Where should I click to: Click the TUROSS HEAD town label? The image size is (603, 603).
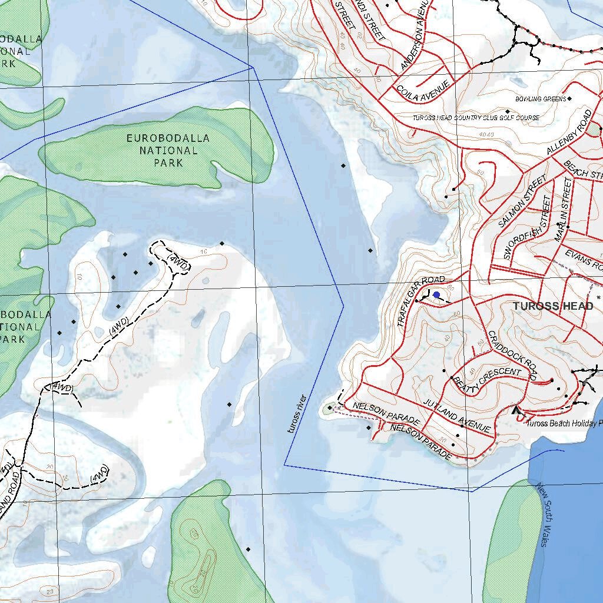point(552,306)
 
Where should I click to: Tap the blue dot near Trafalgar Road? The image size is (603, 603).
point(436,295)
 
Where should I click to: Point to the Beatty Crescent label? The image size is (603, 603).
point(487,379)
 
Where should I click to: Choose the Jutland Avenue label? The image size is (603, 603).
point(456,415)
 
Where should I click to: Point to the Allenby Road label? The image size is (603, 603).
point(568,132)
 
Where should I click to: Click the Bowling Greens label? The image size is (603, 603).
point(540,99)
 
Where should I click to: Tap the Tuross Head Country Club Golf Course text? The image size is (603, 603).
point(475,118)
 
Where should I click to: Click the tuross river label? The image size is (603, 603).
point(297,414)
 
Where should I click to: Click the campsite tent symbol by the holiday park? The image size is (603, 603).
point(518,411)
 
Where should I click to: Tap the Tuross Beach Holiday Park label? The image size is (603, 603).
point(564,423)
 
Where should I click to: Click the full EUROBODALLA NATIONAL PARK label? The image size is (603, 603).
point(168,150)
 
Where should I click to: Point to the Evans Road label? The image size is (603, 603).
point(582,260)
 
